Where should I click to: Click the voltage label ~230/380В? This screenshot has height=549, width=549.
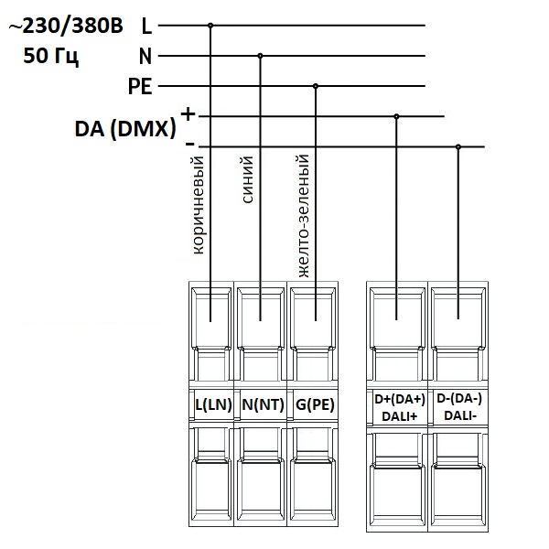tap(65, 27)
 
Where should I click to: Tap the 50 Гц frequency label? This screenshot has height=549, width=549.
tap(51, 57)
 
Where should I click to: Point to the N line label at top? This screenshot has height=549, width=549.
tap(145, 56)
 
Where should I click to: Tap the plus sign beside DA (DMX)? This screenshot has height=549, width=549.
tap(188, 114)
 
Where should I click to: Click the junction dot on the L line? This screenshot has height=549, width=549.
tap(211, 26)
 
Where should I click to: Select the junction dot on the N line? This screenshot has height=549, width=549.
tap(260, 56)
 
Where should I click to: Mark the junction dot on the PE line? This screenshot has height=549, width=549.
tap(316, 86)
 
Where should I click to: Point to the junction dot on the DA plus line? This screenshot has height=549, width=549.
tap(396, 116)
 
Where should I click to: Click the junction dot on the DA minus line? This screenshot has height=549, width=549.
tap(458, 146)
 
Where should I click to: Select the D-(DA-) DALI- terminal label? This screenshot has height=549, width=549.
tap(457, 407)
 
